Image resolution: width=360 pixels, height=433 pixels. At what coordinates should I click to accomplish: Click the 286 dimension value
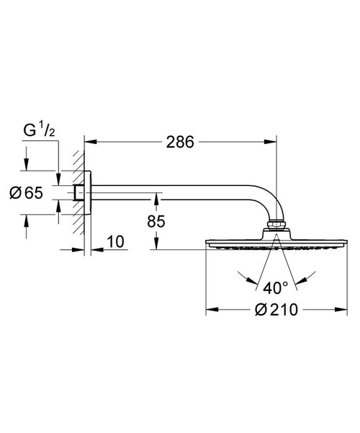tap(180, 142)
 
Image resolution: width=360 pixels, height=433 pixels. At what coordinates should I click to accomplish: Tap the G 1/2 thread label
tap(39, 130)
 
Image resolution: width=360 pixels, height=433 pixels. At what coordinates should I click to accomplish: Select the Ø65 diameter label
tap(26, 193)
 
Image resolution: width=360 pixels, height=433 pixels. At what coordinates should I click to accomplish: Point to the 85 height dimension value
tap(156, 221)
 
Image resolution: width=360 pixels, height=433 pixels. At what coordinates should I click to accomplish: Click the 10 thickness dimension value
tap(115, 241)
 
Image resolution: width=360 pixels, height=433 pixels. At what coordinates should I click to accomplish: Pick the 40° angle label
tap(275, 288)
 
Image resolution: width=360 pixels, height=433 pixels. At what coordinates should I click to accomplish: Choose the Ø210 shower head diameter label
tap(276, 310)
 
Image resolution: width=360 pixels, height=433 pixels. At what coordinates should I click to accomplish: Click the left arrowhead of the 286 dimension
tap(91, 142)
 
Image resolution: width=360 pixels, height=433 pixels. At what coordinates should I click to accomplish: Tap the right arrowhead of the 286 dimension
tap(270, 142)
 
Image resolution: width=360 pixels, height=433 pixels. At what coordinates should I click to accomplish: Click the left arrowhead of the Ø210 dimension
tap(212, 309)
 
